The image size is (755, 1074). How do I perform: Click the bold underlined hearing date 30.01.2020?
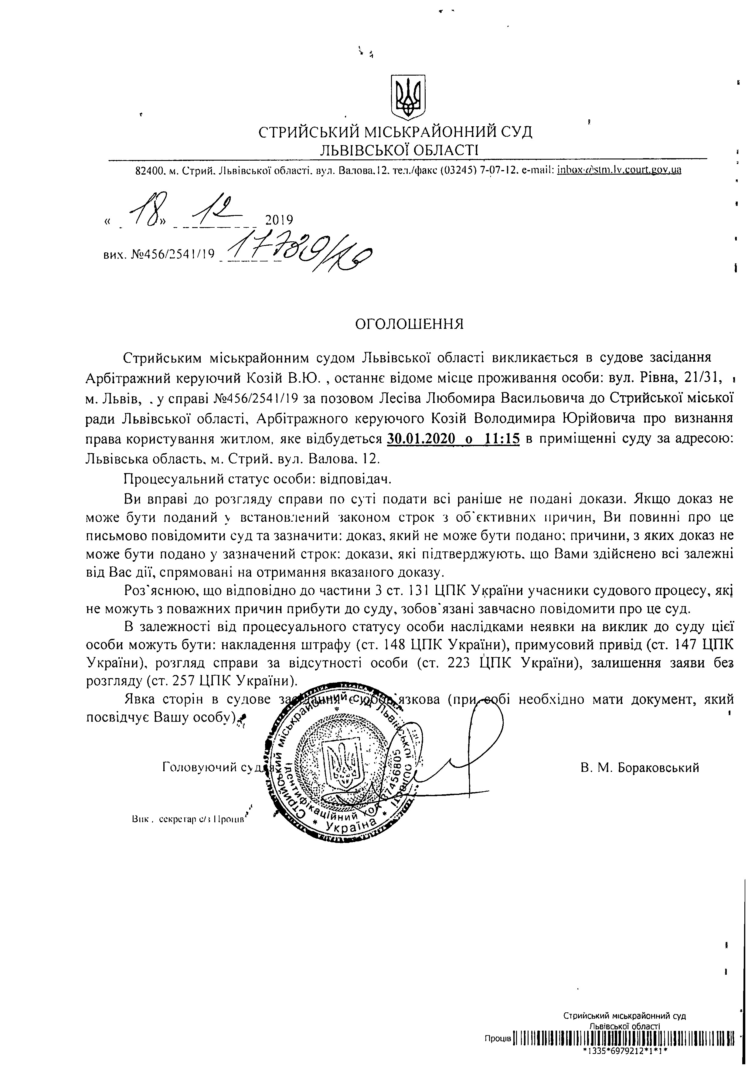[x=421, y=439]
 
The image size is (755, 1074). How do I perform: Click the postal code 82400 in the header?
[x=149, y=170]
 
